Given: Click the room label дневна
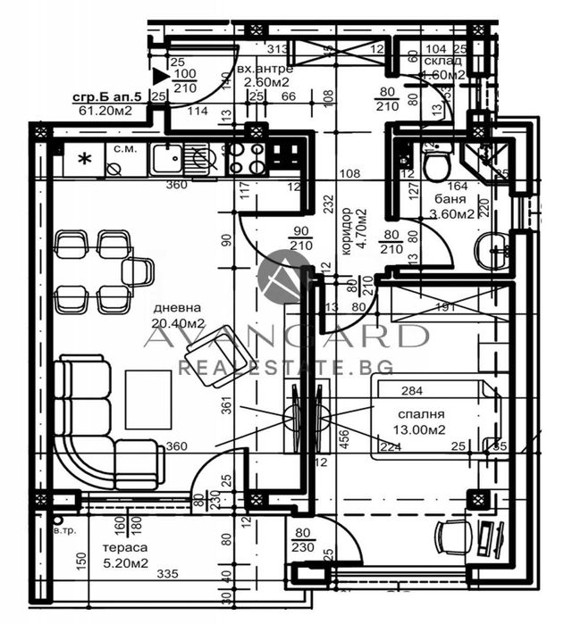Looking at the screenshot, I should [171, 309].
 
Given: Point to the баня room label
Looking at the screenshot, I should [439, 200].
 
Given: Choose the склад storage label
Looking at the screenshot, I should [443, 61].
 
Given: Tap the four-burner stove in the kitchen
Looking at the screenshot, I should [244, 158].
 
